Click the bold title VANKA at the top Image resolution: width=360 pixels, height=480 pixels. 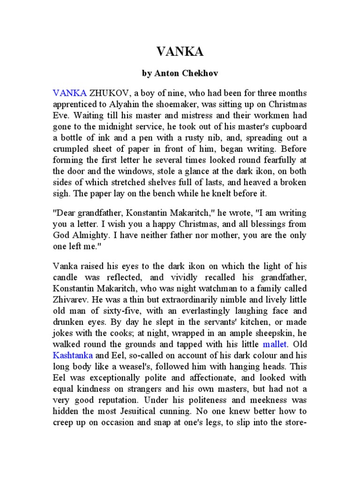click(x=180, y=52)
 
